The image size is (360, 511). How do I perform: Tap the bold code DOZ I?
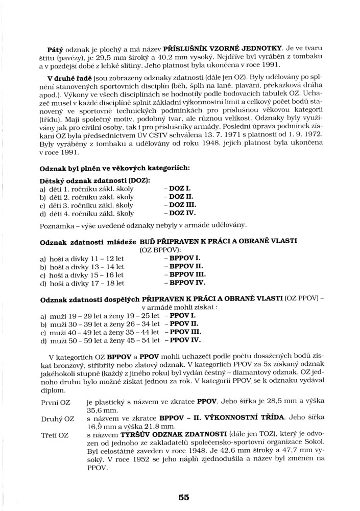coord(177,189)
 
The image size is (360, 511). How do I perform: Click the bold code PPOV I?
coord(180,315)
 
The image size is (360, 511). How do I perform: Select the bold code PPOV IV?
coord(183,340)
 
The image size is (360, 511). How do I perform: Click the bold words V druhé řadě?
coord(68,78)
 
